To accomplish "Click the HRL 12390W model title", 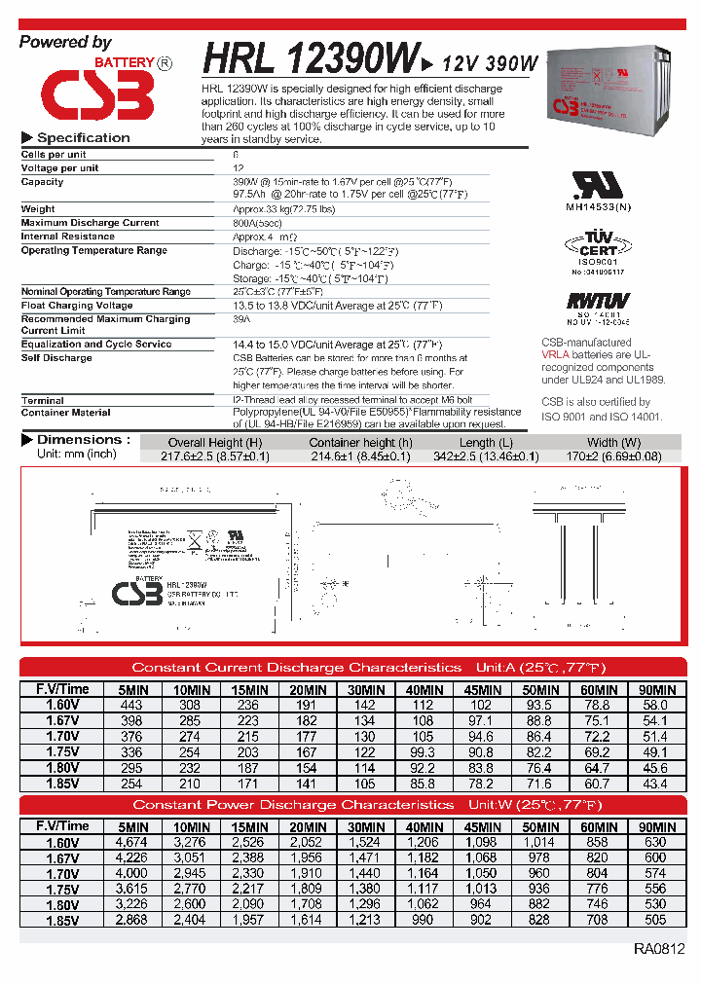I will coord(311,59).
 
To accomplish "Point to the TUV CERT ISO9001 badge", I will coord(599,252).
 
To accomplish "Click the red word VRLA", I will coord(555,355).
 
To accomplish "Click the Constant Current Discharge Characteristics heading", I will coord(297,668).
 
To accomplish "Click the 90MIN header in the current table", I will coord(655,689).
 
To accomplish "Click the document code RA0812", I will coord(658,948).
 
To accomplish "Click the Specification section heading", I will coord(83,138).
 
